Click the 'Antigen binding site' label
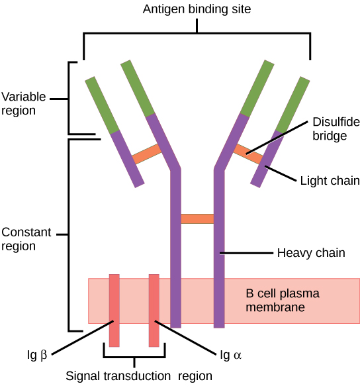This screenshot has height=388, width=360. (x=197, y=9)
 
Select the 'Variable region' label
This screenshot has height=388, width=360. (x=24, y=104)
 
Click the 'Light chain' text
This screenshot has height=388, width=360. (x=330, y=180)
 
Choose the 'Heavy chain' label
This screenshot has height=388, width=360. (x=310, y=252)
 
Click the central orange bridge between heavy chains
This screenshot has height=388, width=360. (x=197, y=218)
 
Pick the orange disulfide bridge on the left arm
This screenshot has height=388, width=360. (x=147, y=154)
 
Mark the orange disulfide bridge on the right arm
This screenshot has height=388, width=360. (x=248, y=154)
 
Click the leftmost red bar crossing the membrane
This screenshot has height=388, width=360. (x=114, y=310)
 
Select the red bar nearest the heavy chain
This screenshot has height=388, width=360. (x=154, y=310)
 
